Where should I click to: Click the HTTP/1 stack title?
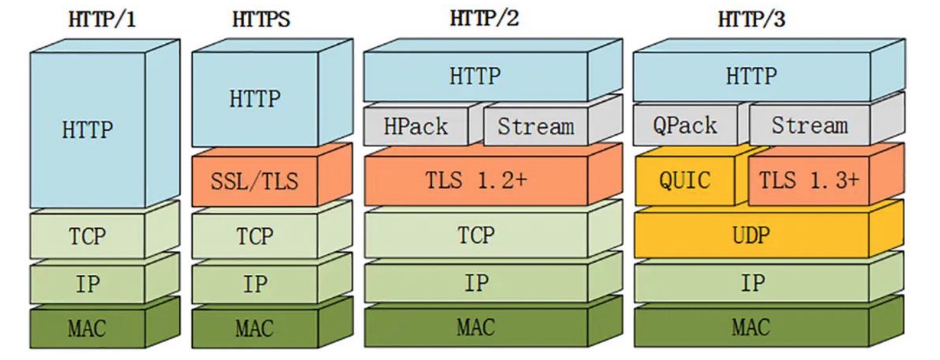102,19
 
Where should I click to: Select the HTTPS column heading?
261,19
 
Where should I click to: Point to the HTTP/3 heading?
751,19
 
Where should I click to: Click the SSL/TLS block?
254,182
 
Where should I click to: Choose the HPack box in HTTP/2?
415,126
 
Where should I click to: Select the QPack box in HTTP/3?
684,125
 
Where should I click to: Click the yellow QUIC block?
684,181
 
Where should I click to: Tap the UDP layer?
751,235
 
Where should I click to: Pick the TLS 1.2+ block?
476,181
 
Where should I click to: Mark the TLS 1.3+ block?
808,181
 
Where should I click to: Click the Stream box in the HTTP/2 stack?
535,126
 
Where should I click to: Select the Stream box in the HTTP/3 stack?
809,125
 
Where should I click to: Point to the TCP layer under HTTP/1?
88,236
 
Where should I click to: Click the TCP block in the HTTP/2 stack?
476,235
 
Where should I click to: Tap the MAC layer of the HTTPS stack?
254,329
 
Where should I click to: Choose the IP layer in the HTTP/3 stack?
751,282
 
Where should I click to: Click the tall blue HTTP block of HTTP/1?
88,130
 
